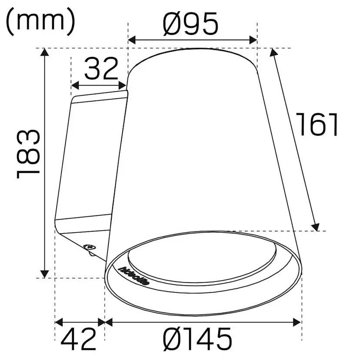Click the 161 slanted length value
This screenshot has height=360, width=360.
(x=317, y=124)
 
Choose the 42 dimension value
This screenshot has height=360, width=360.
(x=78, y=340)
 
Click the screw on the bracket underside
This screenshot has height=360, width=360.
(x=90, y=247)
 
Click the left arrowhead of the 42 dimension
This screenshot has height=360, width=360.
(x=59, y=322)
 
